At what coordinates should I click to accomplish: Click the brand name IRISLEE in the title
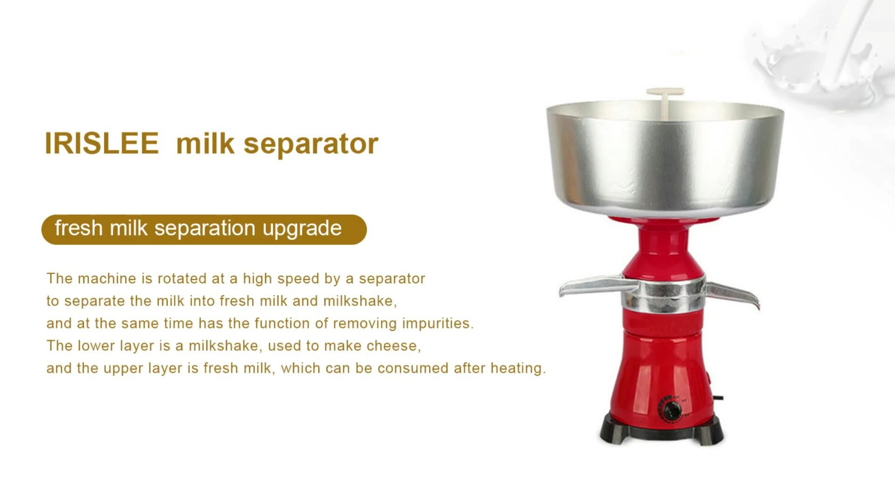pyautogui.click(x=102, y=143)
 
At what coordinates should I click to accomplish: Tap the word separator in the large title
pyautogui.click(x=311, y=144)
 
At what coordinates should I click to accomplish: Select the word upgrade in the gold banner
pyautogui.click(x=302, y=228)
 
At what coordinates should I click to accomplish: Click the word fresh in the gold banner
pyautogui.click(x=78, y=228)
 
